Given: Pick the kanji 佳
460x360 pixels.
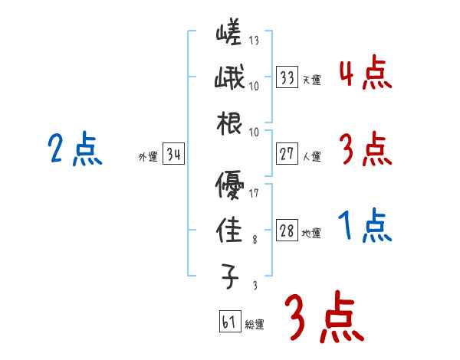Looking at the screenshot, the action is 230,231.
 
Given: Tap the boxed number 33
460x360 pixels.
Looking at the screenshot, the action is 287,77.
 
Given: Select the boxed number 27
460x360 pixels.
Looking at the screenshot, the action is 287,154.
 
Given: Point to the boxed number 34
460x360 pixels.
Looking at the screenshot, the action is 173,155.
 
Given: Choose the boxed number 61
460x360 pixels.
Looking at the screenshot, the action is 229,322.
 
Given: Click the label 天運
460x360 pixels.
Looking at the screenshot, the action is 311,80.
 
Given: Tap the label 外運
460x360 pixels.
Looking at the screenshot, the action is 147,157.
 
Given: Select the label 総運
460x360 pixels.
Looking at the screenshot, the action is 255,325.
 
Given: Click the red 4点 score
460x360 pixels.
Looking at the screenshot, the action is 365,74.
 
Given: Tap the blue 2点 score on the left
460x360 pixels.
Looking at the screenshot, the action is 74,149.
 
